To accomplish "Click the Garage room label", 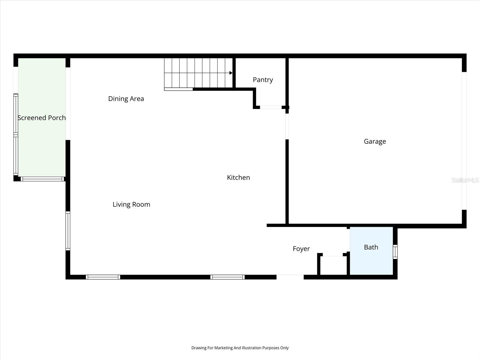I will pos(375,141).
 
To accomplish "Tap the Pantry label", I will pos(263,80).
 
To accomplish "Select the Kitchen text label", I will pos(238,178).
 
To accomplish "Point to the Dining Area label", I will pos(126,99).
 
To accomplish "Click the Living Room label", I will pos(131,205).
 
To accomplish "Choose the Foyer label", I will pos(301,249).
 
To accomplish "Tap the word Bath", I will pos(371,247).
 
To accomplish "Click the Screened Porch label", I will pos(42,118).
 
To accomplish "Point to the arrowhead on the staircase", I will pos(231,73).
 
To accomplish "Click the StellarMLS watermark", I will pos(465,180).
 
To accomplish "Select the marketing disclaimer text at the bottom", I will pos(240,348).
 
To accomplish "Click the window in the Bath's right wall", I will pos(395,252).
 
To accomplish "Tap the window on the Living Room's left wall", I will pos(68,231).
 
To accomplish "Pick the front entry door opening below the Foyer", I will pos(290,277).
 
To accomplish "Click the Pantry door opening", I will pos(271,107).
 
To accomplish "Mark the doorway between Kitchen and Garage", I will pos(287,126).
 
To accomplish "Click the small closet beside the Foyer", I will pos(333,265).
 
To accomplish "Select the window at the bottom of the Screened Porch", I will pos(42,179).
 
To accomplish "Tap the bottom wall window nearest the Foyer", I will pos(227,277).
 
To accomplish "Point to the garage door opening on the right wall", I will pos(464,141).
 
